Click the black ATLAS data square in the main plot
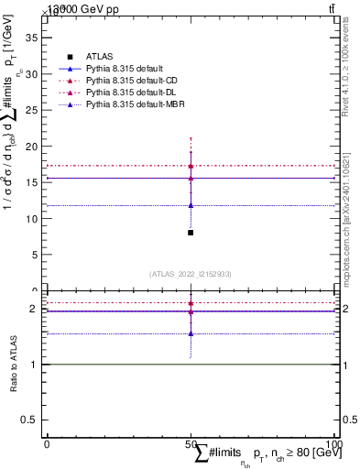191,233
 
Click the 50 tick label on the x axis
191,444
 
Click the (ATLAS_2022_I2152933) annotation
191,274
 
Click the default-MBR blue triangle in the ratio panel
191,333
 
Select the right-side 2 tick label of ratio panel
345,309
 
